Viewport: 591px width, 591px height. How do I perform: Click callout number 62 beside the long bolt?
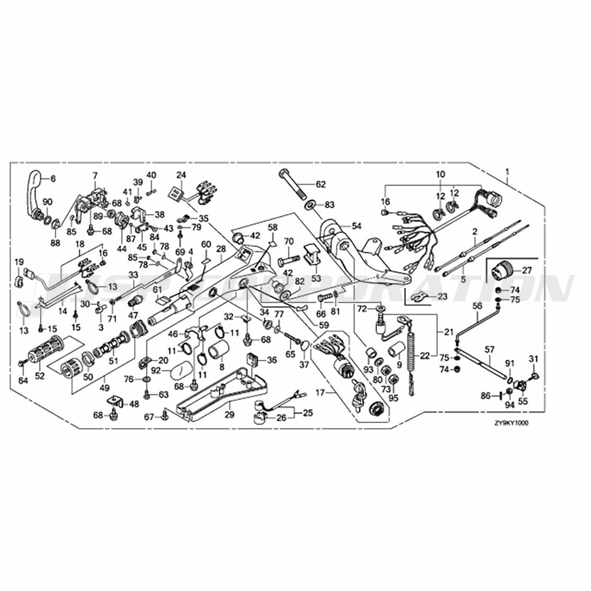click(320, 184)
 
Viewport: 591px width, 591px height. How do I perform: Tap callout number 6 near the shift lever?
click(53, 178)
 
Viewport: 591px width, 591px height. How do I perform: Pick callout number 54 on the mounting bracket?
click(356, 226)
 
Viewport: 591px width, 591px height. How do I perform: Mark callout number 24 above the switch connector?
click(181, 174)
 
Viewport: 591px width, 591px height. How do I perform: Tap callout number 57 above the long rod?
click(489, 349)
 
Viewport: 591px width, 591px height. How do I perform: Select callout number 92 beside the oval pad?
click(156, 371)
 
